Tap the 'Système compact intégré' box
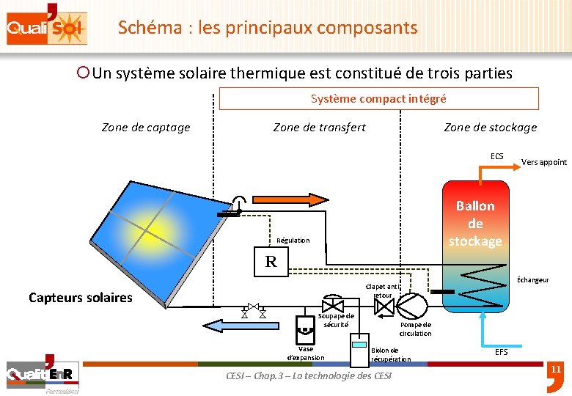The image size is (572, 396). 378,98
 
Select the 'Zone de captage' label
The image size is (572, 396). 146,128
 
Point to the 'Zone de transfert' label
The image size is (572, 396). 319,128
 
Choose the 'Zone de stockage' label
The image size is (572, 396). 490,128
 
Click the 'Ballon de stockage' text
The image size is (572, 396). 475,223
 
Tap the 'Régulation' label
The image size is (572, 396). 293,241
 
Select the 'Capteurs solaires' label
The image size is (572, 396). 81,297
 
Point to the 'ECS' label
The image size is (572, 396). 497,156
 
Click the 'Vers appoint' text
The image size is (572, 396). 543,162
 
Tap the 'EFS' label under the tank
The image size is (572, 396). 501,352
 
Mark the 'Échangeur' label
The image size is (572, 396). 532,279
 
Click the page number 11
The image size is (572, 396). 555,369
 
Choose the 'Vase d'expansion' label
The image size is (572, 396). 305,353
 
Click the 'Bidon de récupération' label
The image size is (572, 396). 391,354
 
